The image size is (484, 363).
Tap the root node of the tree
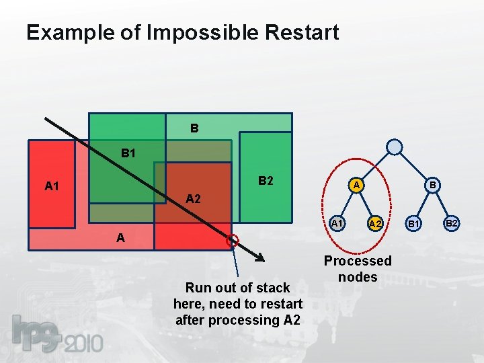click(395, 147)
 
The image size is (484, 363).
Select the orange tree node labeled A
click(358, 184)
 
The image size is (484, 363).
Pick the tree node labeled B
click(434, 184)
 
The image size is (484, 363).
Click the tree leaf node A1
click(338, 223)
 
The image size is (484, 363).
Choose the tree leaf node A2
click(375, 223)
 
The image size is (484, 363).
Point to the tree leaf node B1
click(415, 223)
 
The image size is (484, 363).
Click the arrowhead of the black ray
click(261, 259)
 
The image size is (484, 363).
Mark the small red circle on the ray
click(233, 239)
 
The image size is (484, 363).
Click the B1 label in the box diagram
click(128, 153)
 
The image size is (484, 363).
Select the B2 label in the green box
click(266, 182)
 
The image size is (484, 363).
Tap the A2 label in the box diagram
click(193, 198)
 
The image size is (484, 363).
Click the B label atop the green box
click(194, 127)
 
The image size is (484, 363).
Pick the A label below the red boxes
click(120, 237)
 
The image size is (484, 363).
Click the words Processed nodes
click(358, 269)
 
